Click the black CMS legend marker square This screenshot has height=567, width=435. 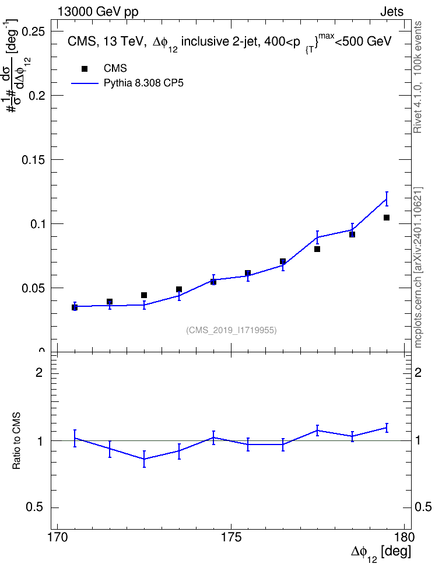click(x=85, y=69)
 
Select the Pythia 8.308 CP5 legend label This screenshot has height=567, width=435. click(x=143, y=83)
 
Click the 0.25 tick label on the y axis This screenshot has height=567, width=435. click(x=33, y=32)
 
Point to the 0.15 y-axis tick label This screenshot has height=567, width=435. click(x=33, y=160)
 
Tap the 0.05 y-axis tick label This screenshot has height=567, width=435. click(x=33, y=288)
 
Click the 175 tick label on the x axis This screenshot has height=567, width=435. click(x=231, y=537)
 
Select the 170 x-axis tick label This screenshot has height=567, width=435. click(x=58, y=537)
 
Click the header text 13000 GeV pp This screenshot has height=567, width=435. click(x=98, y=12)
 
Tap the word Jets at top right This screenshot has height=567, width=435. click(x=392, y=12)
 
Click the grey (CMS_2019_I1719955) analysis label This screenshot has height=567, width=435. click(x=231, y=330)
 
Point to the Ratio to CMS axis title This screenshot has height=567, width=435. click(x=16, y=440)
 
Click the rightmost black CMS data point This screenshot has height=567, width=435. click(x=387, y=218)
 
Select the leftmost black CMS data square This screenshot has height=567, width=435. click(x=75, y=308)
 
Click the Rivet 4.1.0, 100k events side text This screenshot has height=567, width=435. click(x=418, y=77)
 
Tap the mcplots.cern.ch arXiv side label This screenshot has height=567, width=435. click(x=418, y=268)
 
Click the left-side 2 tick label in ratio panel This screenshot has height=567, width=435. click(x=39, y=372)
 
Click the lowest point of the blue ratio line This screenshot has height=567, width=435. click(x=144, y=459)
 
